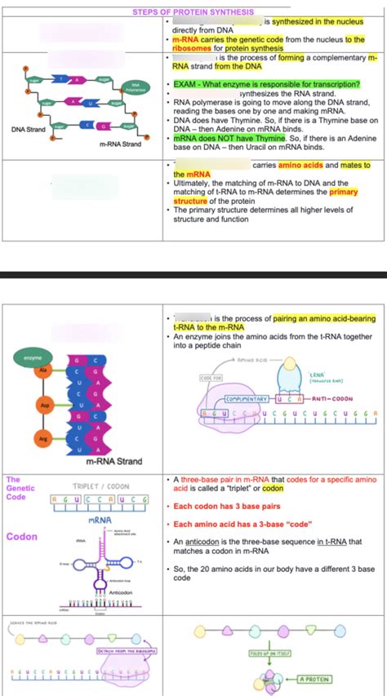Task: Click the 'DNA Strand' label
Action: (28, 130)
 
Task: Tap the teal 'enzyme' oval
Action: (33, 358)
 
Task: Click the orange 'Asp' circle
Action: (46, 405)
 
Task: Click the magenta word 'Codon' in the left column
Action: (20, 537)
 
